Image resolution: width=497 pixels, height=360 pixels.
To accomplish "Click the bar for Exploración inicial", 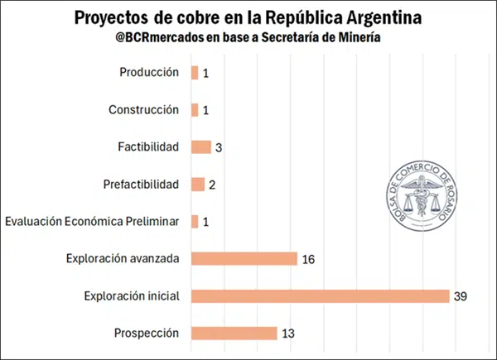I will click(320, 295).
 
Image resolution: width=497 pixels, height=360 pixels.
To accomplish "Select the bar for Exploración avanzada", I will click(244, 258).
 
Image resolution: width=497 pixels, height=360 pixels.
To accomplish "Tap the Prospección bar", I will click(234, 333).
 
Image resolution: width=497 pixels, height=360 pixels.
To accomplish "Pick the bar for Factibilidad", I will click(201, 147).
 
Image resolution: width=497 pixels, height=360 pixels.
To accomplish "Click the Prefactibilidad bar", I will click(198, 184).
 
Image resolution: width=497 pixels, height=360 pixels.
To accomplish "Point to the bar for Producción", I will click(195, 73).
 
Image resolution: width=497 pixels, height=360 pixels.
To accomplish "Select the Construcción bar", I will click(195, 110).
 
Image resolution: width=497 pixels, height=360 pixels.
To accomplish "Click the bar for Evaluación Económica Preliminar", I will click(195, 221).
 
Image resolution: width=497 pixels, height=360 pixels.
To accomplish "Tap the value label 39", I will click(460, 296).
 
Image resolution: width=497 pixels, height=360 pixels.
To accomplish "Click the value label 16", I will click(307, 259).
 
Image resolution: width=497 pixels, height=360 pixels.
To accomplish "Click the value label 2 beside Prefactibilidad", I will click(213, 185).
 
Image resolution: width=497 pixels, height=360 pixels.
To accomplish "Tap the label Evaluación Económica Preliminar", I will click(92, 221).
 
